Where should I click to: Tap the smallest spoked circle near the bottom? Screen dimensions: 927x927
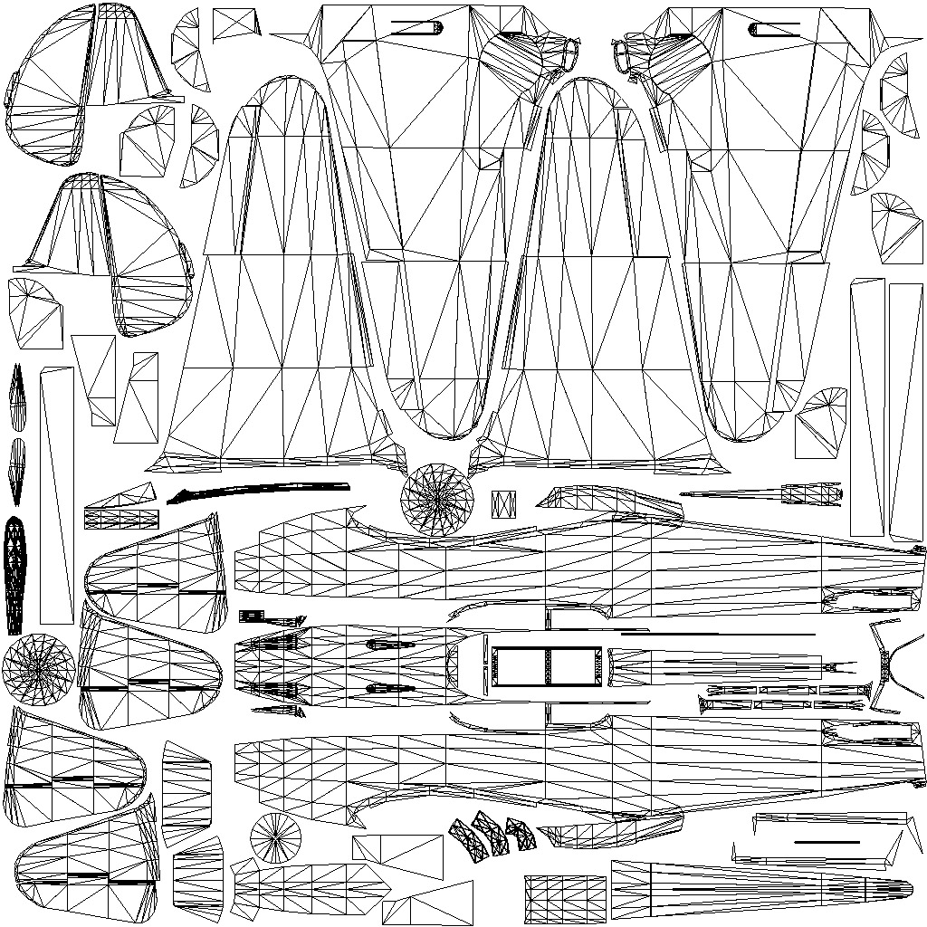tap(275, 838)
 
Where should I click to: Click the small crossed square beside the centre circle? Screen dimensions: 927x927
tap(503, 503)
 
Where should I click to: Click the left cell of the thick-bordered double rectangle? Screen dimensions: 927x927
tap(520, 668)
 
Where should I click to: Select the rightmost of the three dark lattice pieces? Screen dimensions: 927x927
tap(521, 833)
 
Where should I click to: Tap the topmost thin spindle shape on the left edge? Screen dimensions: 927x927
tap(17, 397)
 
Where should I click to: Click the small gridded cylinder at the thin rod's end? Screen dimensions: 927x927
tap(811, 494)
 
